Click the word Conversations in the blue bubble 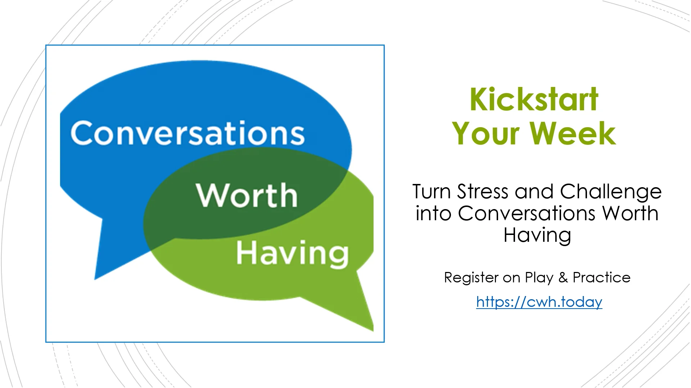point(188,133)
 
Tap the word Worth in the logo point(247,195)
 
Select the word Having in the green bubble point(292,254)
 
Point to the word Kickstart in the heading point(534,100)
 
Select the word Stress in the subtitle point(482,191)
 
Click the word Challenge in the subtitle point(611,191)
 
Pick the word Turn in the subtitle point(431,191)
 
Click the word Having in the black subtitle point(537,235)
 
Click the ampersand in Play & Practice point(563,278)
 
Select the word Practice point(601,278)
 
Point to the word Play point(539,278)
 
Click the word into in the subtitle point(433,213)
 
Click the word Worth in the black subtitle point(630,213)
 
